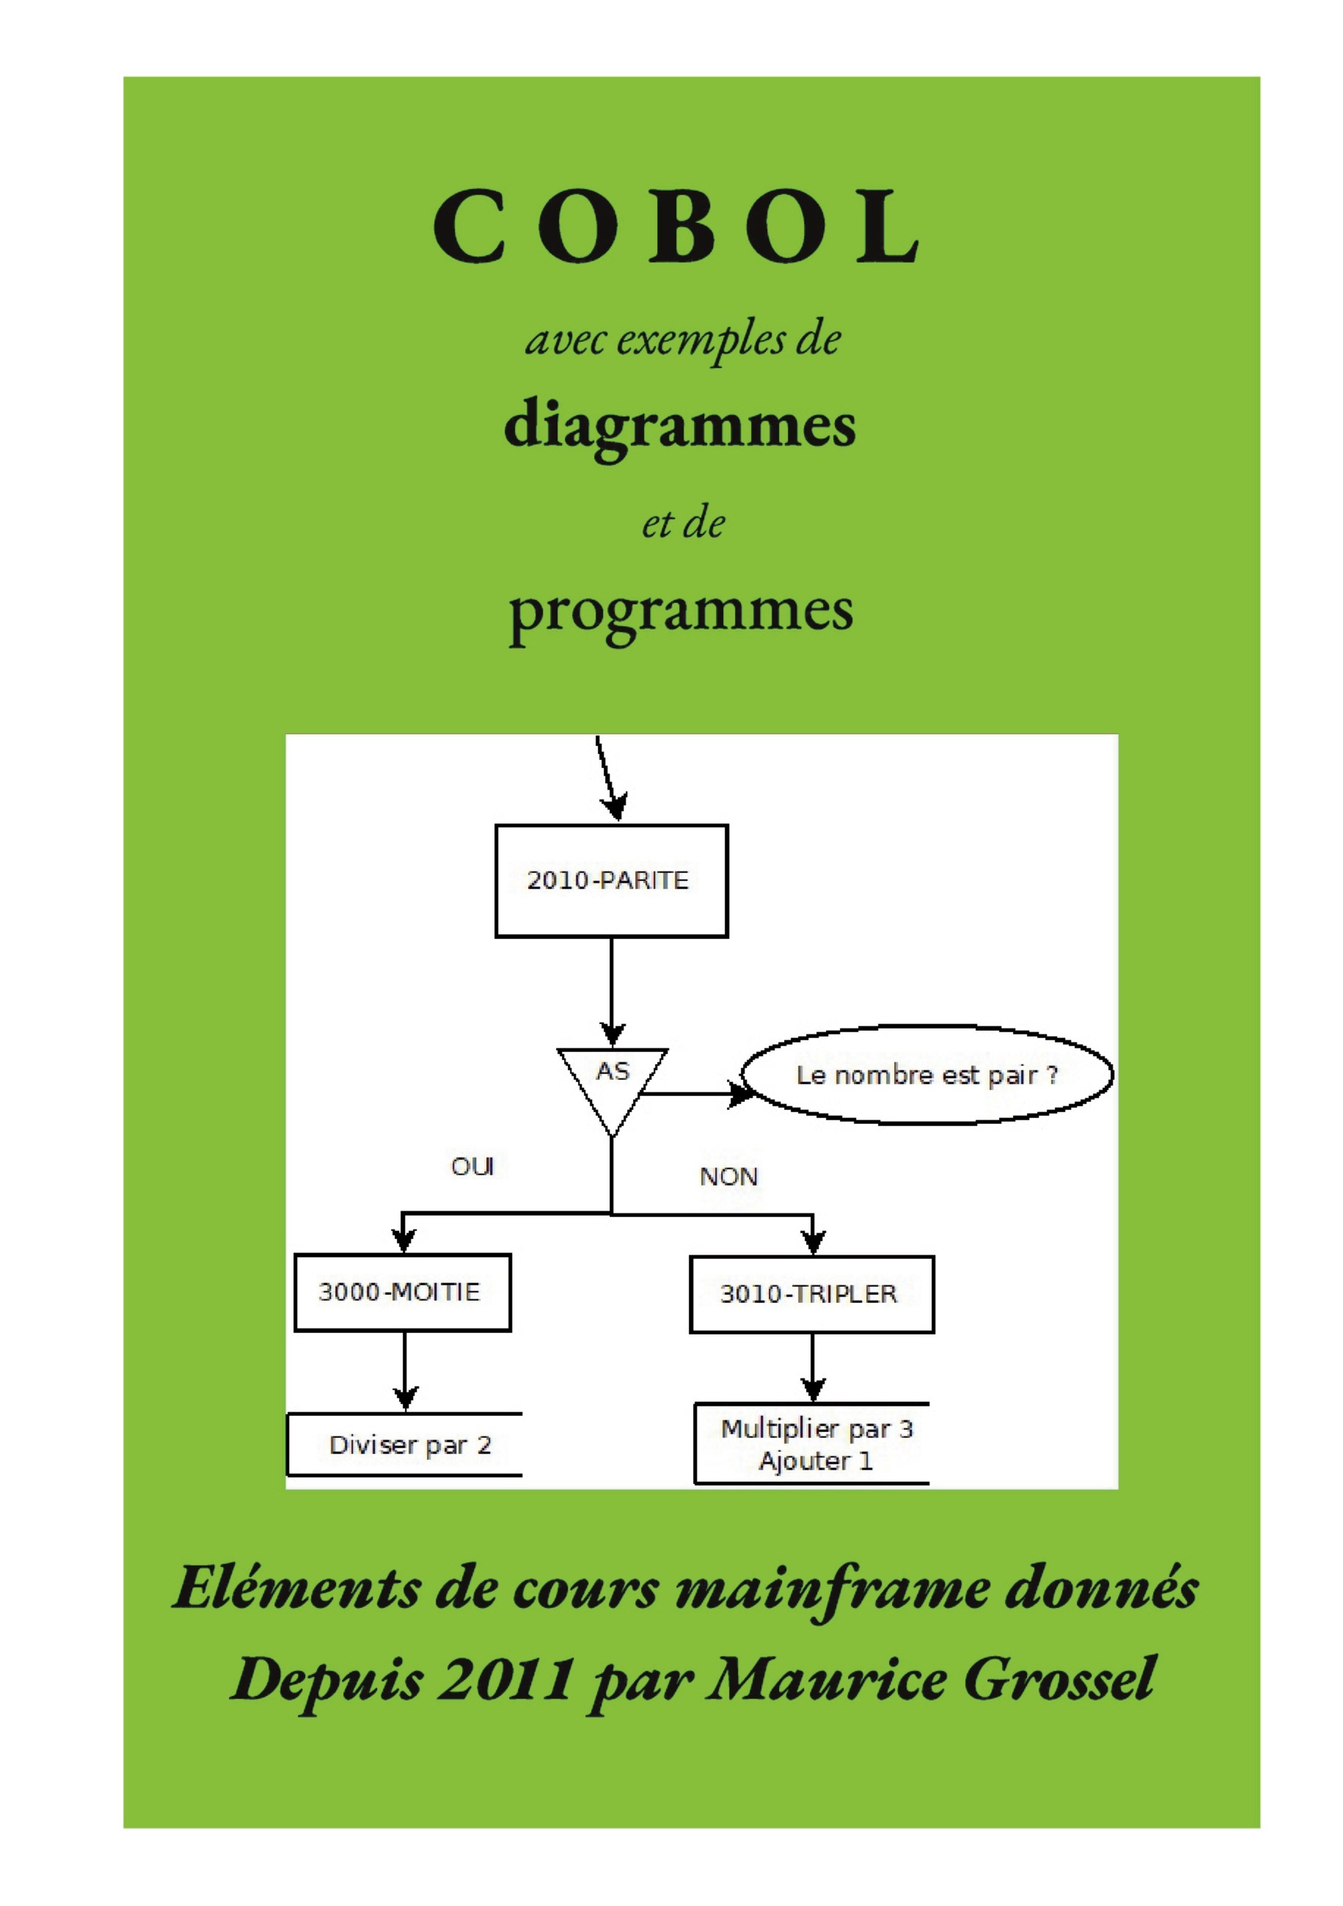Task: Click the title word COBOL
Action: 676,226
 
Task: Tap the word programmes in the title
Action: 681,612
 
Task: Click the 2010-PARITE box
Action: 611,881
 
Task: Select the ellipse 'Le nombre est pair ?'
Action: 926,1075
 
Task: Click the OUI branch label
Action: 472,1166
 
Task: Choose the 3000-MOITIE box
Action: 403,1292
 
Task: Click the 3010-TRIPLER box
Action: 811,1293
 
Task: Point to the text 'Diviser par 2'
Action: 410,1445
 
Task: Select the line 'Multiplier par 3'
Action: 817,1428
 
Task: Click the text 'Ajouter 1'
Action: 815,1461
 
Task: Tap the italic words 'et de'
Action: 682,524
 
